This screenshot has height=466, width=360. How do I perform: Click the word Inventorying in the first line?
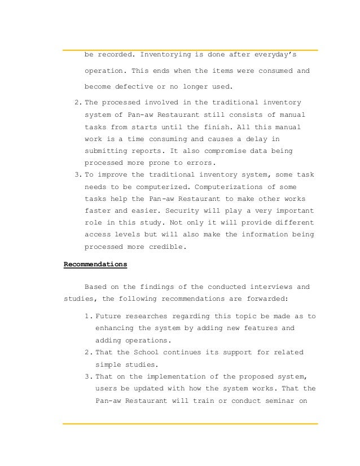click(165, 55)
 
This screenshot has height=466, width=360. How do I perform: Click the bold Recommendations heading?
click(95, 264)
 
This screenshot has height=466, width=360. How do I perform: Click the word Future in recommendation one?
click(109, 316)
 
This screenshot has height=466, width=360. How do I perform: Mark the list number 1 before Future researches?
click(86, 316)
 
